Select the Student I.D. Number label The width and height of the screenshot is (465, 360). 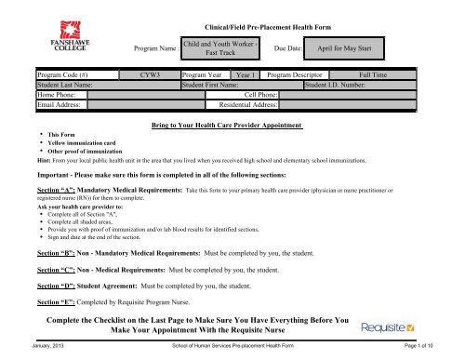[344, 83]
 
